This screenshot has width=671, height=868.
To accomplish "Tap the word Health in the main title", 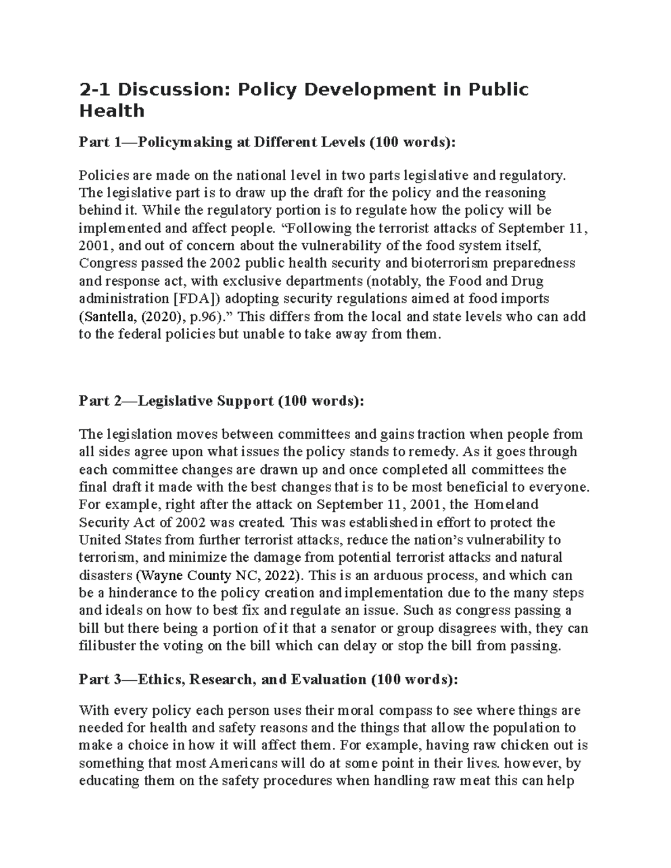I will [x=112, y=111].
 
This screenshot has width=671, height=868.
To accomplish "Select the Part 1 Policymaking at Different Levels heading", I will [x=267, y=143].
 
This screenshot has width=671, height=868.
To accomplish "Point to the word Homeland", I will [x=506, y=505].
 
